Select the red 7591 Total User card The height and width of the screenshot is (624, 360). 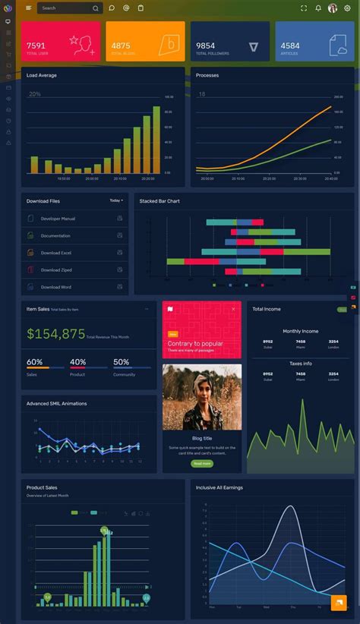[x=61, y=41]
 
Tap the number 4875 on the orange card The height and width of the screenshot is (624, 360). [x=121, y=46]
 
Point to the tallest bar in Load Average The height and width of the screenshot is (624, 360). [x=156, y=140]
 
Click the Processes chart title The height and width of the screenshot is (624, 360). [x=207, y=75]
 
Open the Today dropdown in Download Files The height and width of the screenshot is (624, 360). [x=116, y=200]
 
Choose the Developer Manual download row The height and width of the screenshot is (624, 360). [x=58, y=219]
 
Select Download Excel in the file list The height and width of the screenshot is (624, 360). [x=56, y=253]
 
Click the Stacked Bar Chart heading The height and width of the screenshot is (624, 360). [x=159, y=201]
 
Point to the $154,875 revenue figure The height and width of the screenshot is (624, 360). [x=55, y=334]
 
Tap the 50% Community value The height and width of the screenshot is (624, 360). [x=121, y=362]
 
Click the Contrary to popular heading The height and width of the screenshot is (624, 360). [x=195, y=344]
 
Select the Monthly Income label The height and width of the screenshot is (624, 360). [x=301, y=331]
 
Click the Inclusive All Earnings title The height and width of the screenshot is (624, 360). [x=219, y=487]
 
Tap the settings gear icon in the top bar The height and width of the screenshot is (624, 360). [x=348, y=8]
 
